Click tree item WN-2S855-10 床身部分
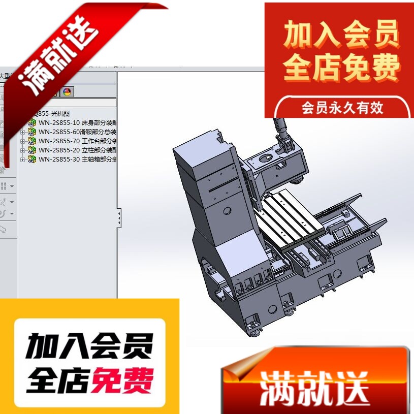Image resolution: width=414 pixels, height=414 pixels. coord(76,122)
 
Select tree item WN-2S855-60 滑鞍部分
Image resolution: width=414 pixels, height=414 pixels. coord(76,132)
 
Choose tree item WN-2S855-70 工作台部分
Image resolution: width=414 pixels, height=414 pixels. coord(76,141)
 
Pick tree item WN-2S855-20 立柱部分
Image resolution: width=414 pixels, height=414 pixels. coord(76,150)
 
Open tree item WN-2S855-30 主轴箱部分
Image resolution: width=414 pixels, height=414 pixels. coord(76,159)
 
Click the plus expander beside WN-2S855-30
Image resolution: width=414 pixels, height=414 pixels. coord(22,160)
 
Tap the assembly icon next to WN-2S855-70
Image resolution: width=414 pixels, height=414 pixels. coord(32,141)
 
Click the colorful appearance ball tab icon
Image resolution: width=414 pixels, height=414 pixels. coord(67,92)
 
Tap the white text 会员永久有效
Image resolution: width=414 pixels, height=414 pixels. coord(342,108)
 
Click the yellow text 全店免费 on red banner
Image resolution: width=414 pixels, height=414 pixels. coord(342,69)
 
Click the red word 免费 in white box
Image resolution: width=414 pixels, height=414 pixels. coord(122,380)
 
